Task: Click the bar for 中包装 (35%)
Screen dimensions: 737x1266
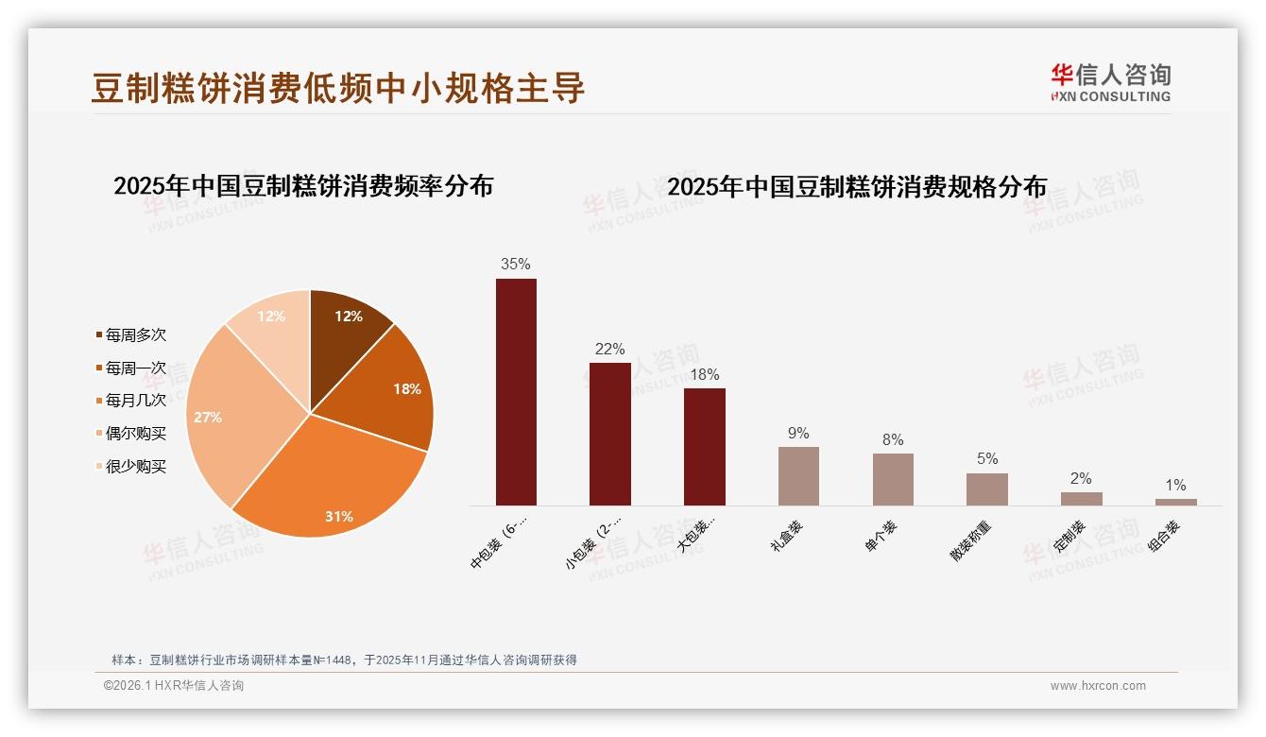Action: pos(516,391)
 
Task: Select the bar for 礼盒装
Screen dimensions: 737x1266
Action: pos(798,475)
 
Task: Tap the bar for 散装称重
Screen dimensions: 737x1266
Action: pos(986,488)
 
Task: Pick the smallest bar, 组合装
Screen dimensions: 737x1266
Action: pos(1175,502)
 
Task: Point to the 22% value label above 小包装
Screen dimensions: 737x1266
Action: pos(609,350)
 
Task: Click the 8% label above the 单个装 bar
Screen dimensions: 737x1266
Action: pos(892,439)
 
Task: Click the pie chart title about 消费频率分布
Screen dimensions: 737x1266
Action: pos(303,186)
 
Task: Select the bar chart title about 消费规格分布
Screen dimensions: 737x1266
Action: pos(857,187)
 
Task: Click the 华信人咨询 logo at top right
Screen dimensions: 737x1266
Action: pos(1110,83)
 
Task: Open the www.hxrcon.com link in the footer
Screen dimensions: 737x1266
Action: pos(1098,686)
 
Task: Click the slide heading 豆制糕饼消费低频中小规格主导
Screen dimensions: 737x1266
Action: pos(338,88)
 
